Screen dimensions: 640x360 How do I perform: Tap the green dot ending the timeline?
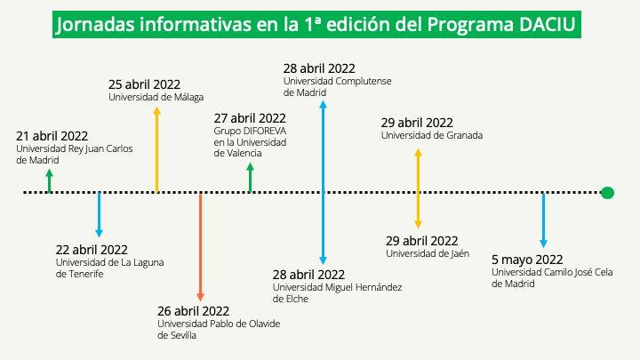click(x=607, y=193)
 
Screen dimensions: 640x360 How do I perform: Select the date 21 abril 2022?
click(x=52, y=136)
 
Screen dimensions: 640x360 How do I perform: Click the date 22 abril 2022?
click(x=92, y=250)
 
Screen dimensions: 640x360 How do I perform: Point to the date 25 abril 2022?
click(x=144, y=84)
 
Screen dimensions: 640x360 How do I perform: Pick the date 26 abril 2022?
click(x=193, y=311)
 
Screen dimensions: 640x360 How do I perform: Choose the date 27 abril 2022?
click(x=250, y=118)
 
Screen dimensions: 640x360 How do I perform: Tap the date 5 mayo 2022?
click(x=527, y=260)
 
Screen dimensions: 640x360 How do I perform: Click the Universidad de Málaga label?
click(x=156, y=97)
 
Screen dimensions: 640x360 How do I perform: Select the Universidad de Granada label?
click(x=432, y=135)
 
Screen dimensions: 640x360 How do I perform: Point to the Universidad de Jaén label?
click(x=428, y=253)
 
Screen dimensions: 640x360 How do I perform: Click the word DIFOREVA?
click(x=265, y=131)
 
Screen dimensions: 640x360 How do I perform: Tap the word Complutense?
click(x=364, y=81)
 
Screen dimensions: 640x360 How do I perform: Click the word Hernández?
click(x=379, y=287)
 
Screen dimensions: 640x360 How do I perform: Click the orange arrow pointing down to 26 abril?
click(x=200, y=247)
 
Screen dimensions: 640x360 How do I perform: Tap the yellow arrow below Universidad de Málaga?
click(x=156, y=149)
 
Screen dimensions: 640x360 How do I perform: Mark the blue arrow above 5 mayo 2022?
click(x=543, y=220)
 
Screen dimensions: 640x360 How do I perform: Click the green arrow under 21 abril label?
click(x=50, y=180)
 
